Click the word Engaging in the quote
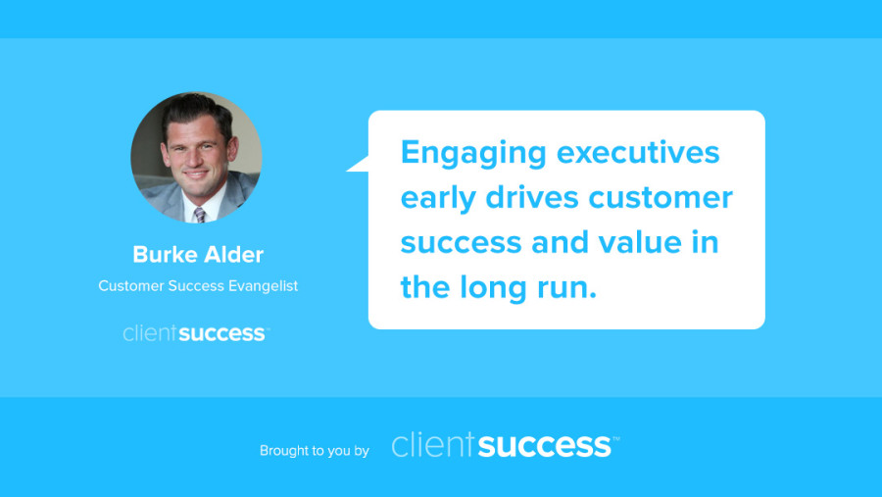[473, 154]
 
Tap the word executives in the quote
[638, 152]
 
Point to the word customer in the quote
[661, 198]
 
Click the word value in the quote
[640, 242]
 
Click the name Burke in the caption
[164, 255]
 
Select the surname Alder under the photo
[233, 255]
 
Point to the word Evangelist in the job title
[263, 286]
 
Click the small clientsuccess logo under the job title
[196, 333]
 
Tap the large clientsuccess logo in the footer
[505, 445]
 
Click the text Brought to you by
[314, 450]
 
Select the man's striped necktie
[200, 215]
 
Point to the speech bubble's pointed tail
[357, 165]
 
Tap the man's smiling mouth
[195, 174]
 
